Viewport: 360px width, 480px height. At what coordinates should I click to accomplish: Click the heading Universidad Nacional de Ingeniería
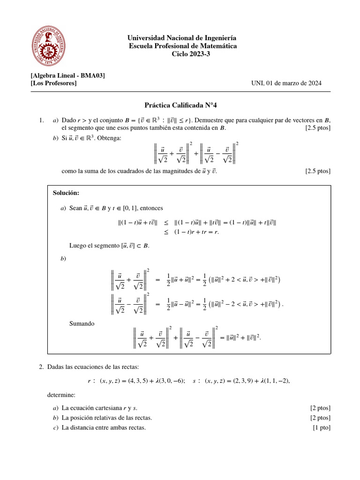pyautogui.click(x=182, y=37)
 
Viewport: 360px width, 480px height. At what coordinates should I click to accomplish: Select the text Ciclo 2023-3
pyautogui.click(x=182, y=54)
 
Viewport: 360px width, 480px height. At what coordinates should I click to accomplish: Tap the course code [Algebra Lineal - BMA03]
pyautogui.click(x=67, y=75)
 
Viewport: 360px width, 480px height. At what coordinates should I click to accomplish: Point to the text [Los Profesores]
pyautogui.click(x=53, y=83)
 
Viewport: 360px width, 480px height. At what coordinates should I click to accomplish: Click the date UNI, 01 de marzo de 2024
pyautogui.click(x=286, y=83)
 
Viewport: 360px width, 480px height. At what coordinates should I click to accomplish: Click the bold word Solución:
pyautogui.click(x=66, y=193)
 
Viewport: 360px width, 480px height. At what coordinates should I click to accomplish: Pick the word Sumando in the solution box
pyautogui.click(x=82, y=323)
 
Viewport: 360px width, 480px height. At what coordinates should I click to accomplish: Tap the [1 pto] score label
pyautogui.click(x=321, y=427)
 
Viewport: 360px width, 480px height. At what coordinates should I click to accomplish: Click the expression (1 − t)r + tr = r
pyautogui.click(x=197, y=232)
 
